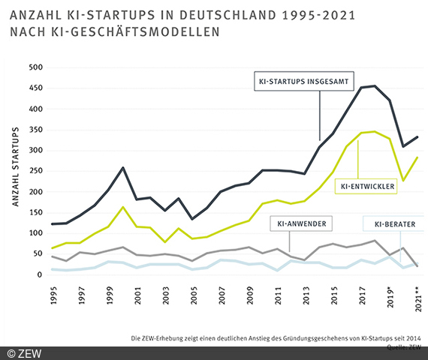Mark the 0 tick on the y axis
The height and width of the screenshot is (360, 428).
click(41, 274)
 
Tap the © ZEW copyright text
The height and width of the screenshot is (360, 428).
click(24, 352)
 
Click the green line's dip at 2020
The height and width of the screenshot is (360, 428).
click(402, 181)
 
